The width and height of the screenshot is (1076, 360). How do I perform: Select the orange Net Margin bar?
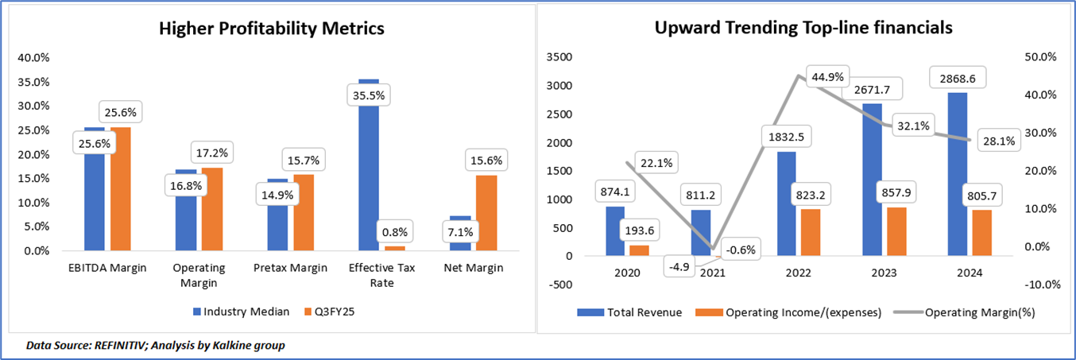[x=486, y=213]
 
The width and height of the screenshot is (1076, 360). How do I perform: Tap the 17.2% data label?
[x=212, y=153]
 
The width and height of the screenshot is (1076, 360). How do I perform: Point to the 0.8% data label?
[x=395, y=232]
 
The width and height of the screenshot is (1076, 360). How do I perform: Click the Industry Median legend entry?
[x=241, y=312]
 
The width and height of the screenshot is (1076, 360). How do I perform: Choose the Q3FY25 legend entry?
[x=330, y=312]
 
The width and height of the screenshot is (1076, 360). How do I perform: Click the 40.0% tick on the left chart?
[x=33, y=58]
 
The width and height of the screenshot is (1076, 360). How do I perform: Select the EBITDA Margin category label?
[x=107, y=268]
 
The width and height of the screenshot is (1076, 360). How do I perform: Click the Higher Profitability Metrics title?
[x=272, y=29]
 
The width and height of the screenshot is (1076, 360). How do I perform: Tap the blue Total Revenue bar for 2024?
[x=958, y=174]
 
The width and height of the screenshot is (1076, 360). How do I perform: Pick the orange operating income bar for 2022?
[x=811, y=232]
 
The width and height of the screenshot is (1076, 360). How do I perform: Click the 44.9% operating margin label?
[x=827, y=76]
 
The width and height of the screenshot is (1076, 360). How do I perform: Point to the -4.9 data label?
[x=679, y=266]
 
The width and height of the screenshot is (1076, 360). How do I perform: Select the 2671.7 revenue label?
[x=872, y=89]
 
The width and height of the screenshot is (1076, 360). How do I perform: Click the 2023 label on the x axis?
[x=884, y=273]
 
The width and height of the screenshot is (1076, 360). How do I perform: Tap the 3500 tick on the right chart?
[x=559, y=57]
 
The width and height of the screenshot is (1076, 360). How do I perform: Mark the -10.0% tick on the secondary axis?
[x=1043, y=285]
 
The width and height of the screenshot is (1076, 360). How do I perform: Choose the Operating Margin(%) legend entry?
[x=964, y=312]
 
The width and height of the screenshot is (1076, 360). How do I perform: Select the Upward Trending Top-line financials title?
[x=803, y=28]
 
